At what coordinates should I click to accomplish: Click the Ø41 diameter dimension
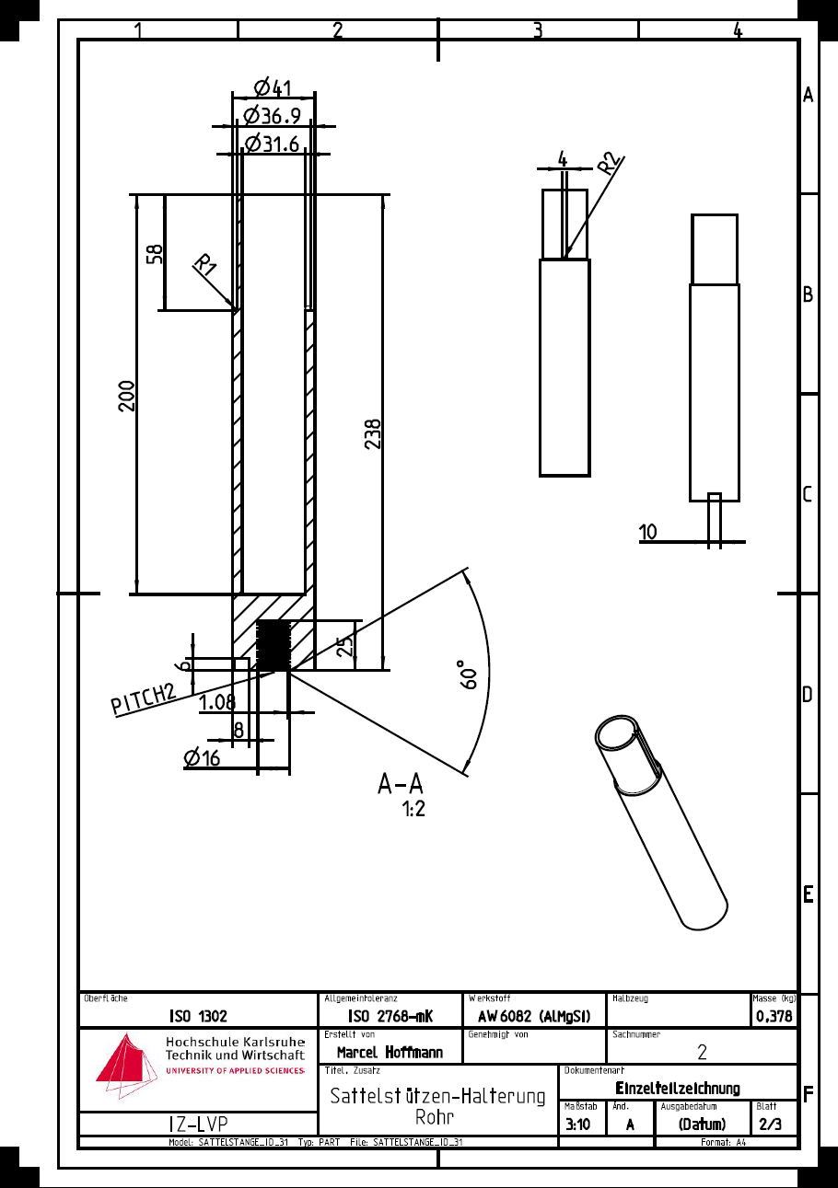click(x=273, y=87)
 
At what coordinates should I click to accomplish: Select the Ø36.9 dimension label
click(x=273, y=116)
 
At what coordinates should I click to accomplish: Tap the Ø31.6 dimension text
click(x=273, y=144)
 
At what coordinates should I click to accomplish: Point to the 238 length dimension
click(x=373, y=433)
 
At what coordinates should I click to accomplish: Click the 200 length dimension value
click(x=126, y=396)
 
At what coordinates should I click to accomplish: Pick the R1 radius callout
click(x=204, y=264)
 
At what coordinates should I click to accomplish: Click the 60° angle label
click(x=469, y=675)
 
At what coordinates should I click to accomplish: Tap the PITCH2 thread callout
click(x=144, y=698)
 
